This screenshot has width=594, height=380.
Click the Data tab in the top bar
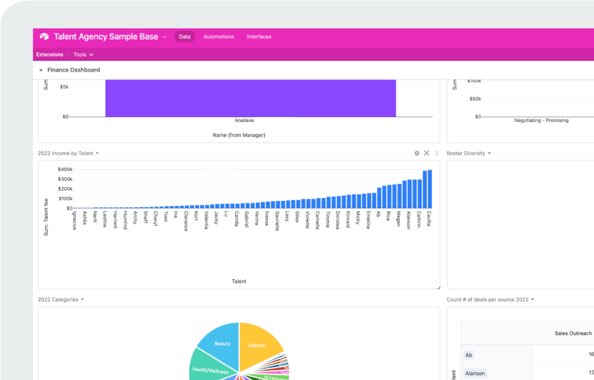click(184, 37)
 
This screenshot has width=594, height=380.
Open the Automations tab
click(218, 37)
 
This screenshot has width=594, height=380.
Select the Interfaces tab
click(259, 37)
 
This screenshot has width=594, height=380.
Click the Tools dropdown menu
click(83, 55)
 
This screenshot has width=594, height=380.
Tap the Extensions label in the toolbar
click(50, 55)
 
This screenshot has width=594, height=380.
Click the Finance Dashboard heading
click(73, 70)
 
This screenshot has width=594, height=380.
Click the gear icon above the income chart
click(417, 153)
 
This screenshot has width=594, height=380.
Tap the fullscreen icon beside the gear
click(426, 153)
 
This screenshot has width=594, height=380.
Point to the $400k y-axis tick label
click(65, 170)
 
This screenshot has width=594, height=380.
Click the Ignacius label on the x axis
click(74, 220)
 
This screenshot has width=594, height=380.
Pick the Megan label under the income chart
click(398, 219)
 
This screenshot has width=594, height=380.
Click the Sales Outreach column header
click(573, 333)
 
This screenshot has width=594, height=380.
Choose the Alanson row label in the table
click(475, 373)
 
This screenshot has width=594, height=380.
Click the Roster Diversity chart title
click(466, 153)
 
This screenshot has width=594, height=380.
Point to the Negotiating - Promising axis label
click(541, 121)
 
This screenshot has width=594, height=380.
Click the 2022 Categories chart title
click(58, 300)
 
